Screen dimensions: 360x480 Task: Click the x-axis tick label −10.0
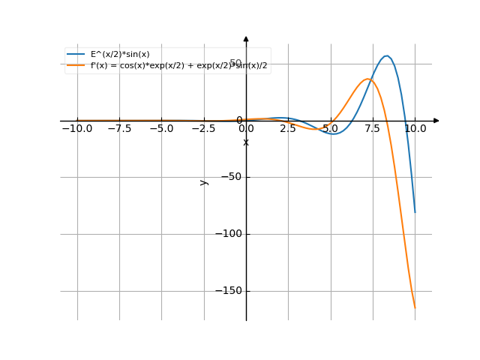coord(76,128)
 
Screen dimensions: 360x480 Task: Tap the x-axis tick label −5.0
coord(161,128)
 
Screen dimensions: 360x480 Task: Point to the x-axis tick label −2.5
coord(203,128)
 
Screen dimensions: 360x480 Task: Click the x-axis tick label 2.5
coord(288,128)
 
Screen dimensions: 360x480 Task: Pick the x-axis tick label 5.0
coord(330,128)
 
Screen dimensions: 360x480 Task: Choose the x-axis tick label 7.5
coord(373,128)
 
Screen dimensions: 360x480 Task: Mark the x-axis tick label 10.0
coord(415,128)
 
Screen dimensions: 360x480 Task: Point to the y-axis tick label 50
coord(235,63)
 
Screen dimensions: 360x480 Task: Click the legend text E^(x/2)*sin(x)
coord(120,54)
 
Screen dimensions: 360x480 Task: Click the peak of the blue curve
coord(387,55)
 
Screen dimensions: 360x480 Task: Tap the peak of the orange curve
coord(367,79)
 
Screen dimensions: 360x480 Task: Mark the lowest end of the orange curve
coord(415,307)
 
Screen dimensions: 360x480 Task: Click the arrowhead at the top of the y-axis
coord(246,38)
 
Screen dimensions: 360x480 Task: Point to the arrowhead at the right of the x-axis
coord(436,120)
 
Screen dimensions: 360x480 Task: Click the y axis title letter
coord(203,182)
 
